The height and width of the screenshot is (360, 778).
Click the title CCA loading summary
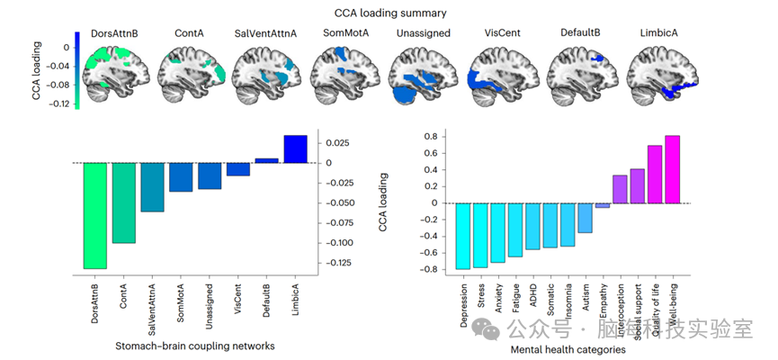388,13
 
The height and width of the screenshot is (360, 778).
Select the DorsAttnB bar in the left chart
94,215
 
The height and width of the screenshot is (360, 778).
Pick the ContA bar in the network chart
123,202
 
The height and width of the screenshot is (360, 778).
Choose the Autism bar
586,218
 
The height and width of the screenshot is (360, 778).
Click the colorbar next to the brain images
77,70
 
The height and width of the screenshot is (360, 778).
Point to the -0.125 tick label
338,263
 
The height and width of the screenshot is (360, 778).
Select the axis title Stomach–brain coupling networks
195,346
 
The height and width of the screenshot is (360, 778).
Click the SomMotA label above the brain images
344,33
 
